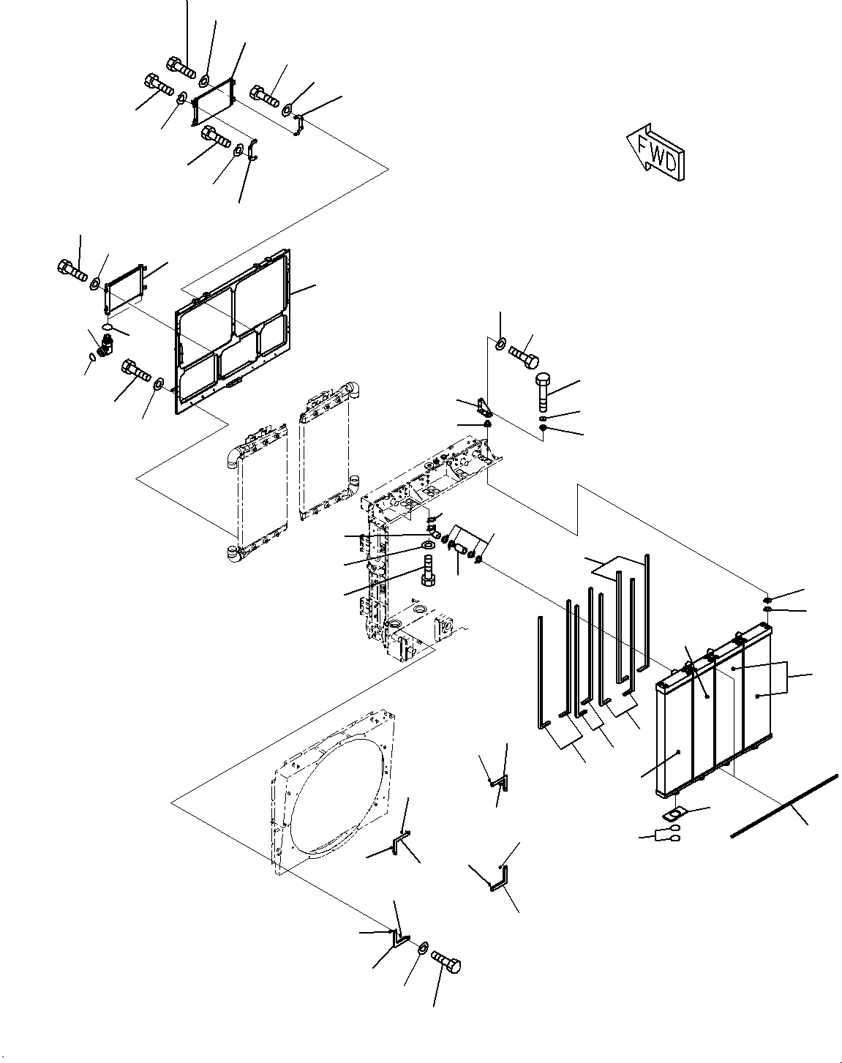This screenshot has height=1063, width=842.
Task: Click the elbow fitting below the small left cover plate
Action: tap(108, 343)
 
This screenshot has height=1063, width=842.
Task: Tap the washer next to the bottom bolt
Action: tap(423, 949)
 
